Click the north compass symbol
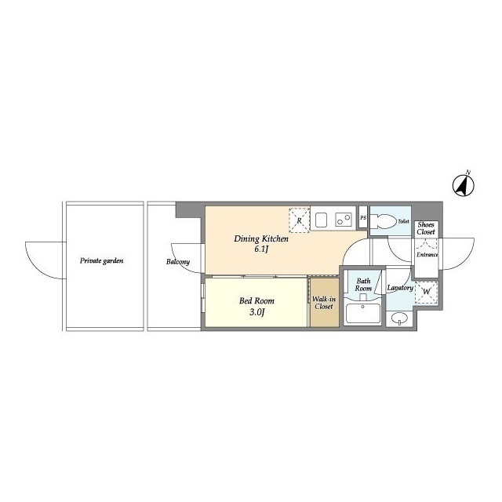pos(463,185)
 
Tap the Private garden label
pos(101,261)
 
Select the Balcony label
pos(178,262)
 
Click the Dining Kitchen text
pos(261,238)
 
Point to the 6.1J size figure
pos(261,249)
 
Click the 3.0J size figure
pos(256,312)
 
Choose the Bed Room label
pos(256,301)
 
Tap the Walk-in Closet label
pos(324,303)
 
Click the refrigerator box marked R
pos(300,220)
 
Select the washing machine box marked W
pos(426,292)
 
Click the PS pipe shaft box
pos(363,217)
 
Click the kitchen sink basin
pos(322,220)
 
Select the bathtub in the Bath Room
pos(363,314)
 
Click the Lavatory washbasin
pos(400,318)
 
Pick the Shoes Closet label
pos(426,228)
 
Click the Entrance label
pos(427,255)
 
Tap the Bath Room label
pos(363,285)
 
